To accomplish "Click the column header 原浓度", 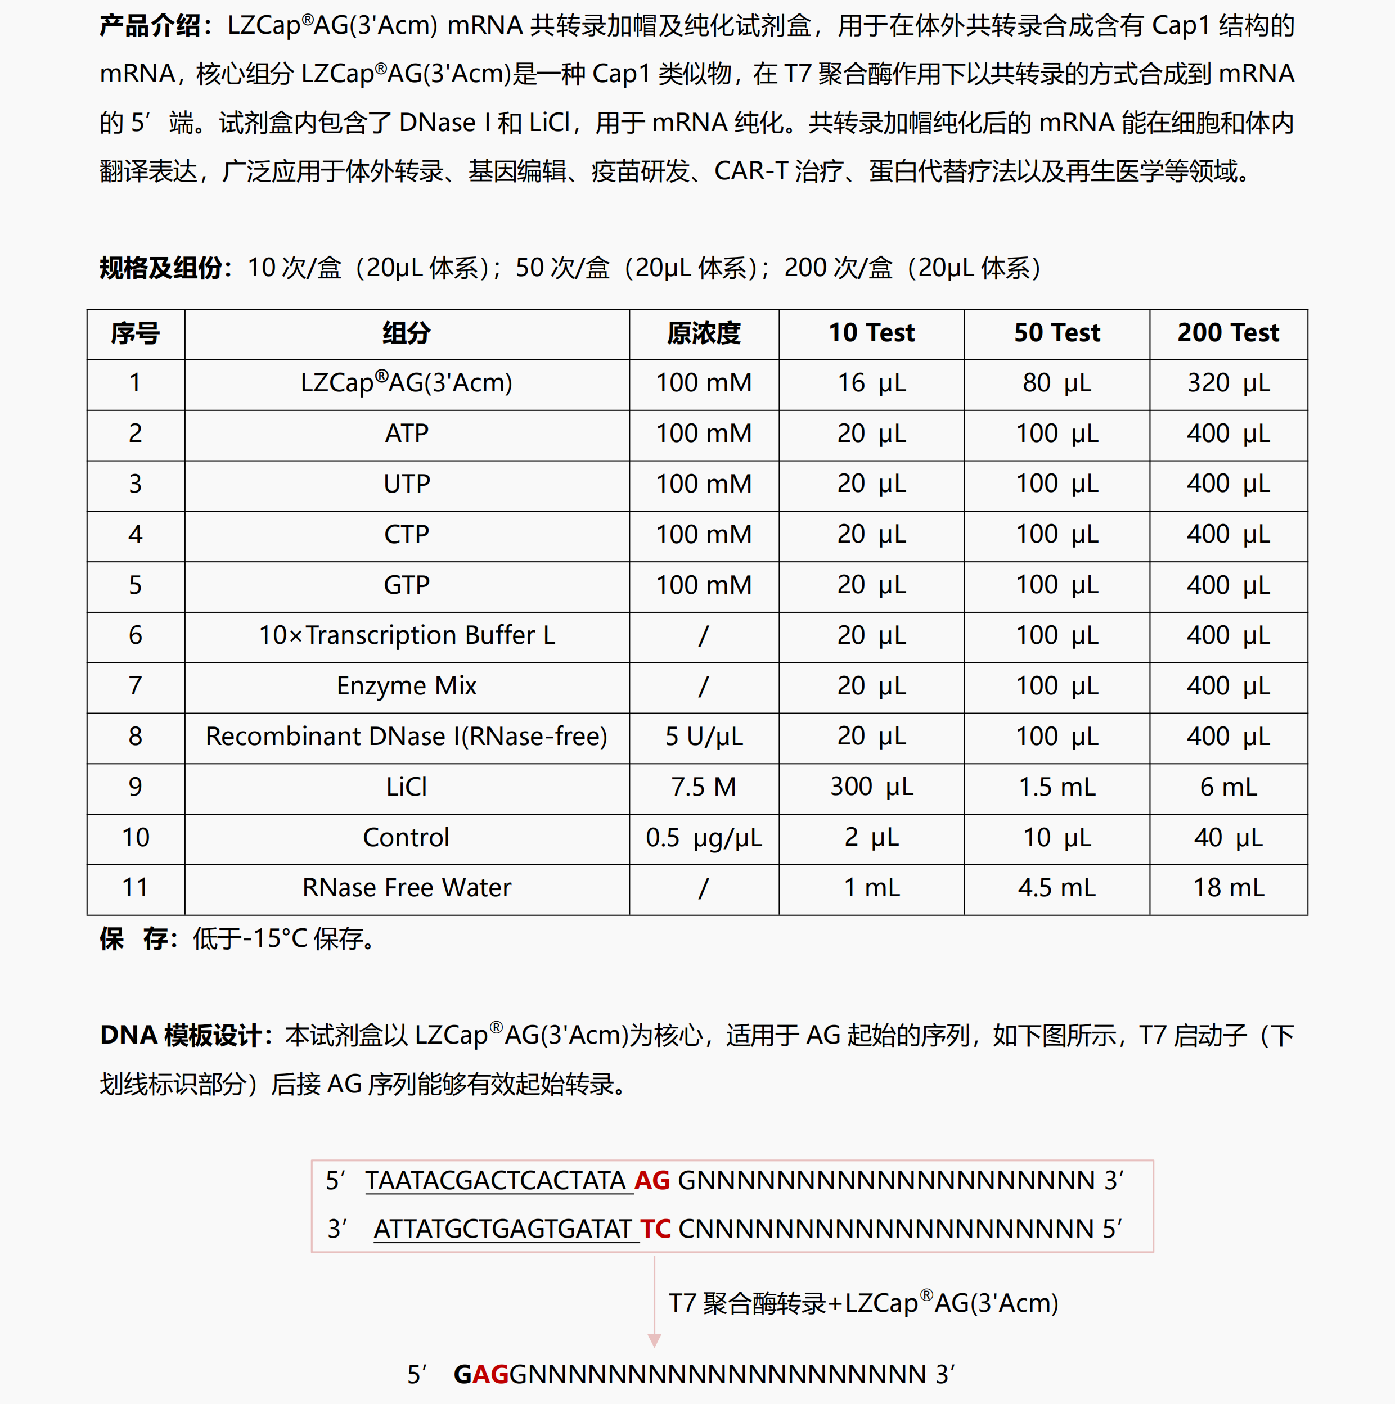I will pyautogui.click(x=703, y=333).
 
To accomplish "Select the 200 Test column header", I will pyautogui.click(x=1228, y=333).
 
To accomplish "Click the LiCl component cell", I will pyautogui.click(x=406, y=787).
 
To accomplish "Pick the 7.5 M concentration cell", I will pyautogui.click(x=703, y=787).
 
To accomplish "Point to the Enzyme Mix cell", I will pyautogui.click(x=406, y=686).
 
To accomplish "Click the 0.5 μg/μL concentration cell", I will pyautogui.click(x=703, y=838).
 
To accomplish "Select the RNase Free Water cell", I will pyautogui.click(x=406, y=888).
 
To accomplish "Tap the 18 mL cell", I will pyautogui.click(x=1228, y=888).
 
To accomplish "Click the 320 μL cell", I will pyautogui.click(x=1228, y=383).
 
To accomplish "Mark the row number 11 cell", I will pyautogui.click(x=135, y=888).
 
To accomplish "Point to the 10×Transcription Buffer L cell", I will pyautogui.click(x=406, y=636).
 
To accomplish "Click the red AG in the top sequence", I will pyautogui.click(x=651, y=1181).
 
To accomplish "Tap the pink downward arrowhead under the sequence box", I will pyautogui.click(x=654, y=1339).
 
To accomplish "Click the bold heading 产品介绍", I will pyautogui.click(x=150, y=26).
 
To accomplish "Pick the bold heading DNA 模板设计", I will pyautogui.click(x=181, y=1036).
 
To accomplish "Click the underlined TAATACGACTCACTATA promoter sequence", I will pyautogui.click(x=494, y=1181).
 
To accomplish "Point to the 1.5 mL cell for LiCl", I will pyautogui.click(x=1056, y=787).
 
